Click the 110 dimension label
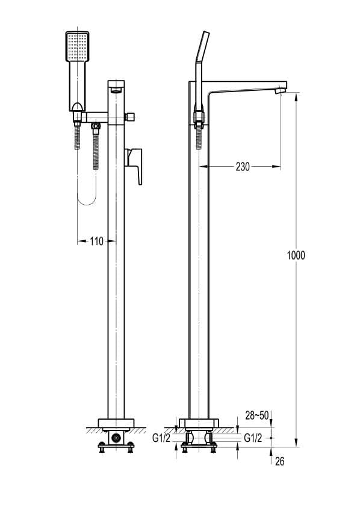tap(96, 241)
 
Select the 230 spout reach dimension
tap(244, 166)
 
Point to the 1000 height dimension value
tap(296, 255)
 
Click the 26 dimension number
tap(279, 462)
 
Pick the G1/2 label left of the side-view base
tap(161, 438)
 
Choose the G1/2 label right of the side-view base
tap(252, 438)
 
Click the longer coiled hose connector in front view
tap(95, 148)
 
